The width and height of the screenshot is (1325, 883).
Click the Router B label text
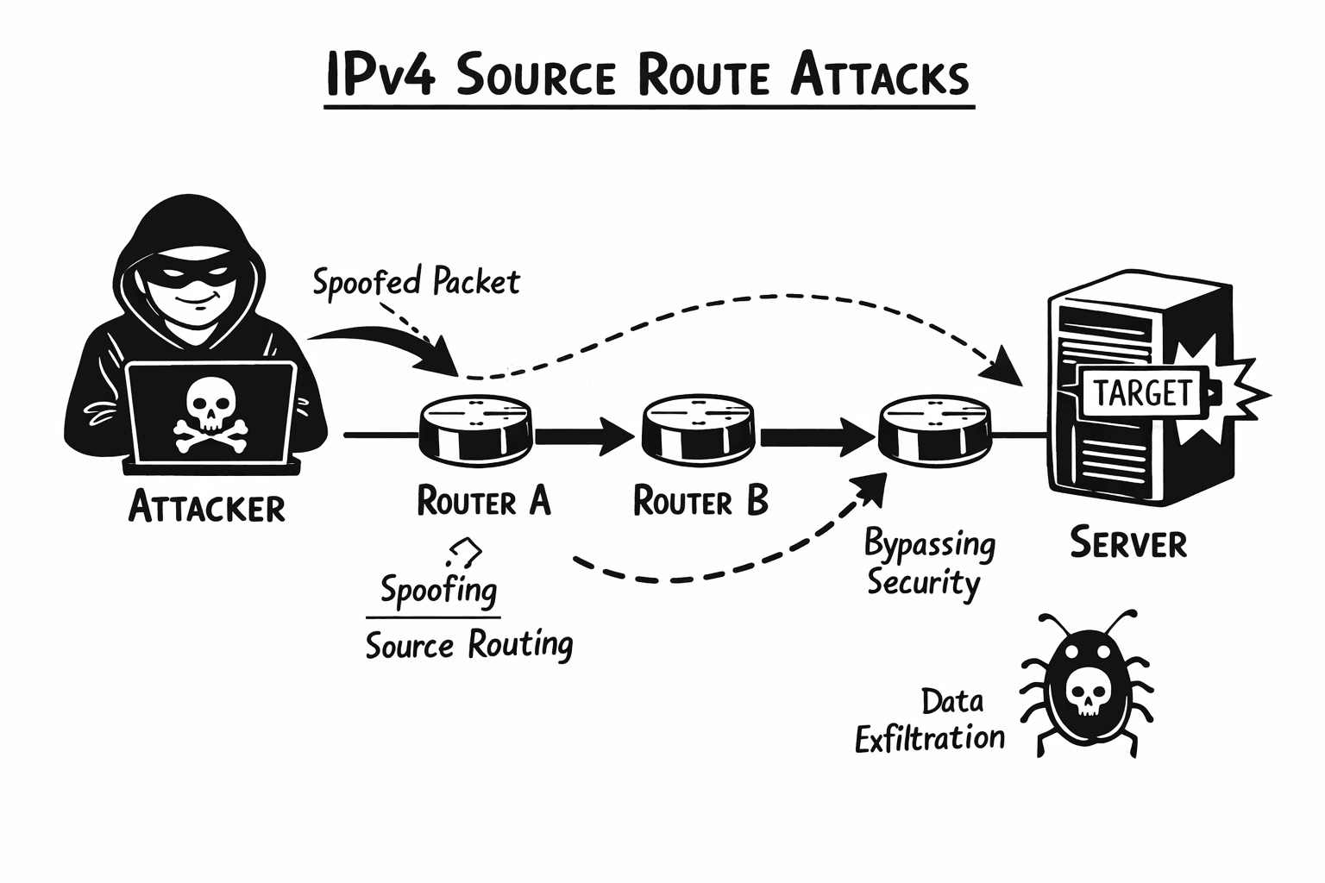(x=700, y=501)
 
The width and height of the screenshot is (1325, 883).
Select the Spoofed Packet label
(x=416, y=282)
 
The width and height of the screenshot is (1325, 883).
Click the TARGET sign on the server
(x=1141, y=392)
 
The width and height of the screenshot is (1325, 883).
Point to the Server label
(x=1128, y=543)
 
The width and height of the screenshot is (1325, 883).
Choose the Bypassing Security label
(x=929, y=563)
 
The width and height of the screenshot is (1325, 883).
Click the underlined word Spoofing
(x=438, y=591)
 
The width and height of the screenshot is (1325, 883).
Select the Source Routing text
(x=468, y=645)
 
